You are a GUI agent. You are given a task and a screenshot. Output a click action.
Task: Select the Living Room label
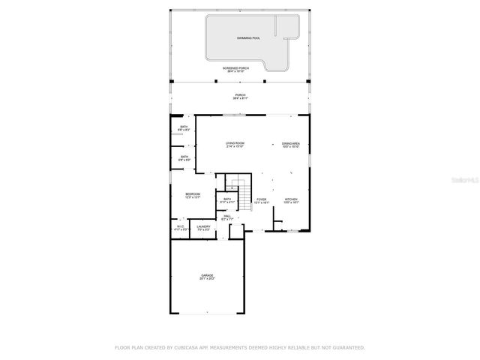coord(235,143)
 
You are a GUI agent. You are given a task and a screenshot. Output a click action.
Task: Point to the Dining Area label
coord(291,143)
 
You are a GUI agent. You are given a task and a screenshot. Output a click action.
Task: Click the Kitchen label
coord(291,199)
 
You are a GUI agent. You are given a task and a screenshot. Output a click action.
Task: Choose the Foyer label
coord(261,199)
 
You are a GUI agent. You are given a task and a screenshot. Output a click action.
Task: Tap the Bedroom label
coord(193,194)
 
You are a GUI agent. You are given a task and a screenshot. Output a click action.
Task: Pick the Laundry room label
coord(203,226)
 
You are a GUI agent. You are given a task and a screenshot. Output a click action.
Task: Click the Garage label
coord(207,275)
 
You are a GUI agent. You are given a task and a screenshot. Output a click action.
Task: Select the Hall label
coord(227,217)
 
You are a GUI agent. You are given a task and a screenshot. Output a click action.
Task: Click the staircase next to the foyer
coord(239,184)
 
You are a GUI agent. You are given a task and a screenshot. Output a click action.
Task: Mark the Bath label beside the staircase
coord(227,199)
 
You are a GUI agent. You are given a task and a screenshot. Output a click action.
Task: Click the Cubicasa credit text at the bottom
coord(239,347)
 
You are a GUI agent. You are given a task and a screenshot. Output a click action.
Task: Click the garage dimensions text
coord(207,279)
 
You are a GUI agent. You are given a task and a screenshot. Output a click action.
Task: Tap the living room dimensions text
coord(235,147)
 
